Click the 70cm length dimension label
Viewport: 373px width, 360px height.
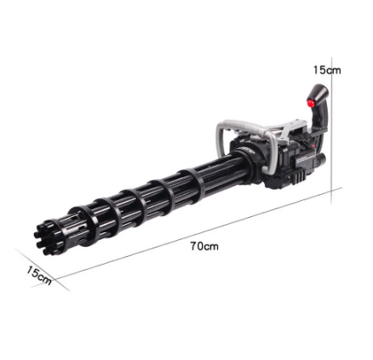204,246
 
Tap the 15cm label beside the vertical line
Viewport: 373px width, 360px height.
327,70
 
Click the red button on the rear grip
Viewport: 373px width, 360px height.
311,102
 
